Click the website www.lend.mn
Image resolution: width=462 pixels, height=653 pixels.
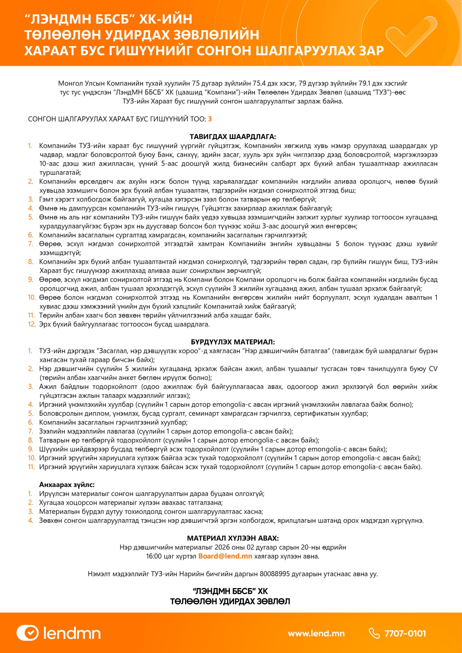[x=316, y=633]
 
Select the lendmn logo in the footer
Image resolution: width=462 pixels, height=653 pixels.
[x=59, y=633]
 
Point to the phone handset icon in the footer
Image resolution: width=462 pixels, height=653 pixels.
[x=374, y=633]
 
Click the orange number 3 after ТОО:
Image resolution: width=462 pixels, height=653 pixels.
[x=210, y=119]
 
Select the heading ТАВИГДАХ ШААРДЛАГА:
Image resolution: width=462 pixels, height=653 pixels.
[x=233, y=137]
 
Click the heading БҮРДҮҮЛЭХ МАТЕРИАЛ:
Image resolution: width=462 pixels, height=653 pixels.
[x=233, y=342]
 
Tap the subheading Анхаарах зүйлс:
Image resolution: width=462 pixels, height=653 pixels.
[x=67, y=485]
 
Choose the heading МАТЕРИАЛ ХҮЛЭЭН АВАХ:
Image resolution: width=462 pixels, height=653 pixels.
[x=233, y=538]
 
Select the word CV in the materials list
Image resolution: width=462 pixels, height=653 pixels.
[x=433, y=369]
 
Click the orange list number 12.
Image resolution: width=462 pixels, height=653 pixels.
[x=32, y=324]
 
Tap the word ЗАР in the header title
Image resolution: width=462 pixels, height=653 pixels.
[x=371, y=51]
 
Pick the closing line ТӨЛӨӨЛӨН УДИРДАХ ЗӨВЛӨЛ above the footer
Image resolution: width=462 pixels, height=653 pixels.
[x=230, y=602]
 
